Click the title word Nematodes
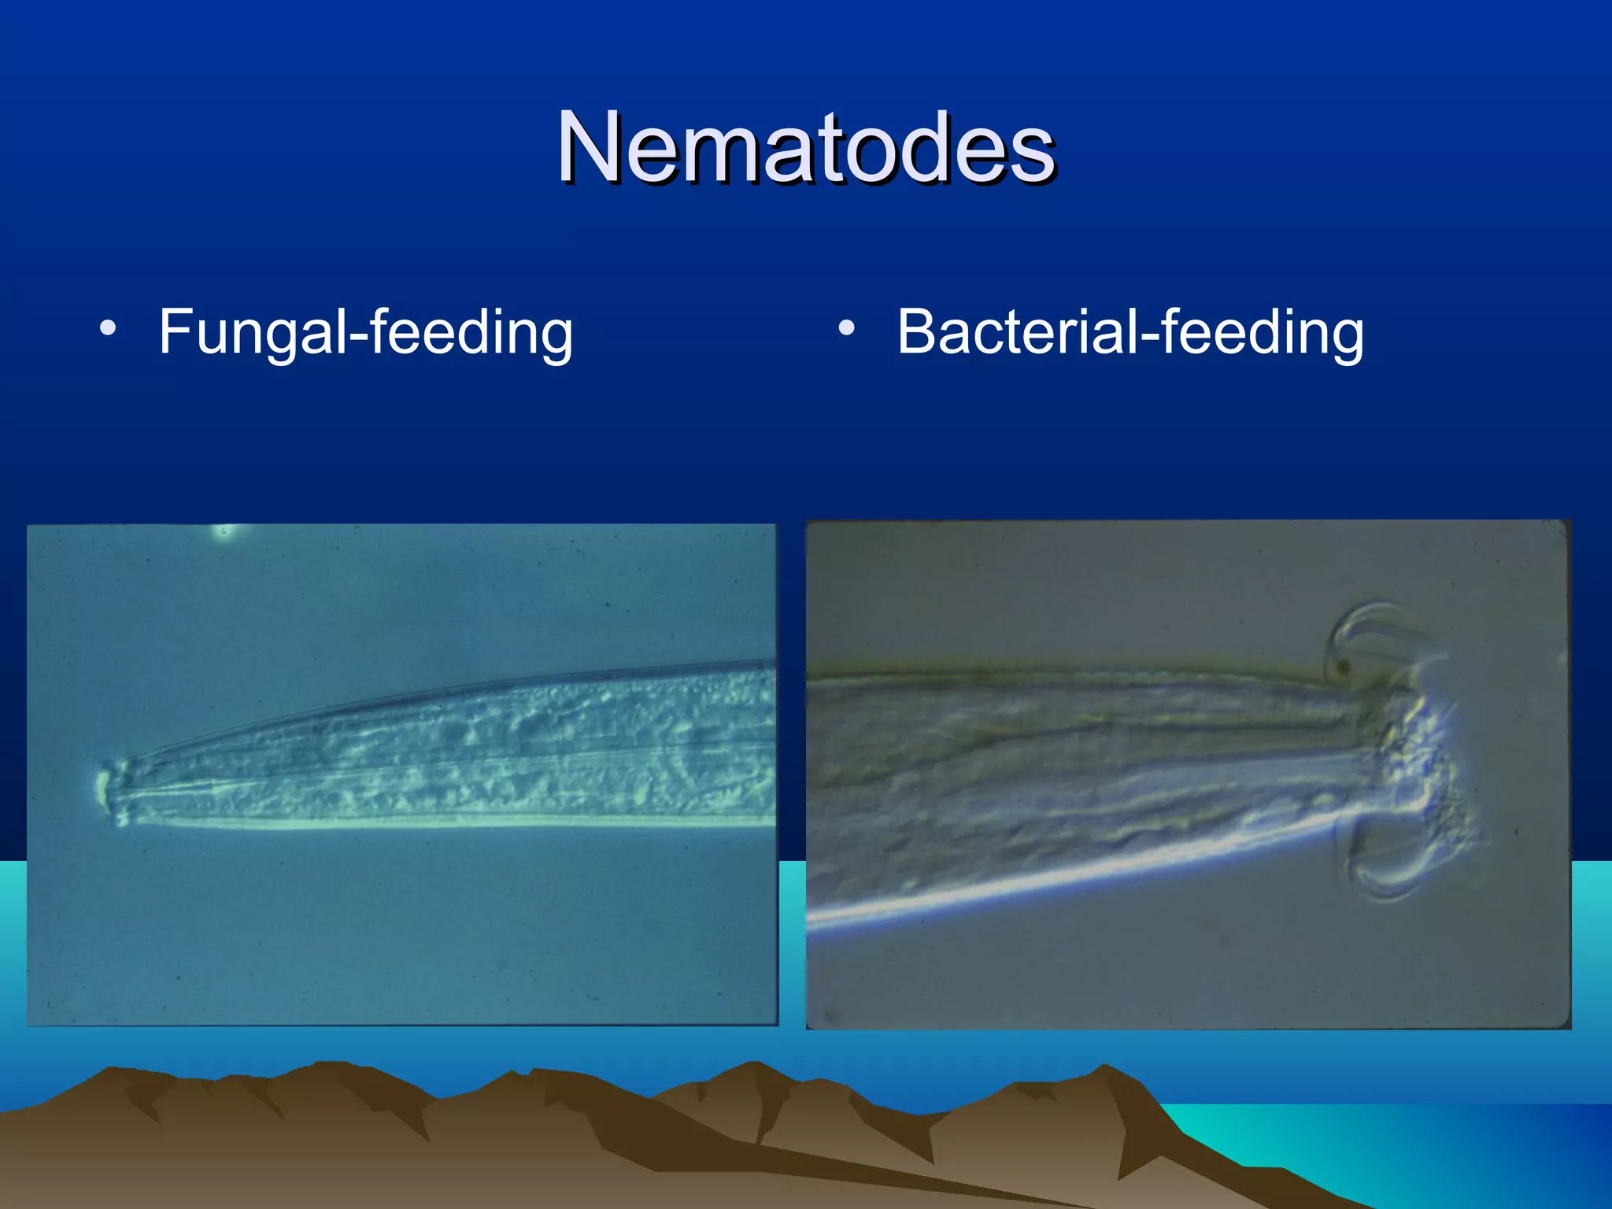806,148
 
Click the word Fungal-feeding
366,332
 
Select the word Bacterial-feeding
1130,332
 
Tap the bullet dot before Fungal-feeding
108,327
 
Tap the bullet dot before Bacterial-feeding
846,327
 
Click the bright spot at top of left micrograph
224,531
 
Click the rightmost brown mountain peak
1104,1067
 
